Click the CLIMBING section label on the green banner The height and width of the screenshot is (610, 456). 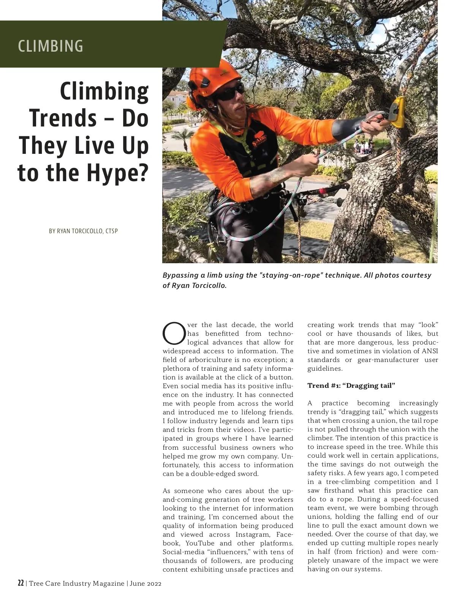[51, 46]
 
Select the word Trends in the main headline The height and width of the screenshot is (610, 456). [63, 118]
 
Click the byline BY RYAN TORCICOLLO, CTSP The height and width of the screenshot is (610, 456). [83, 231]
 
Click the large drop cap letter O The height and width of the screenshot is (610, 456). [174, 333]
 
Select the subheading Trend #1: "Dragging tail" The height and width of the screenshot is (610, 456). [351, 386]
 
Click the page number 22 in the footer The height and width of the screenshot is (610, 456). [21, 583]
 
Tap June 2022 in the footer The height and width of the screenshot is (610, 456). [145, 583]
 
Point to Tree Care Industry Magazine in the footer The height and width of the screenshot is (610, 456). [76, 583]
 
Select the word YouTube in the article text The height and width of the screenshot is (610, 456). [200, 543]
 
